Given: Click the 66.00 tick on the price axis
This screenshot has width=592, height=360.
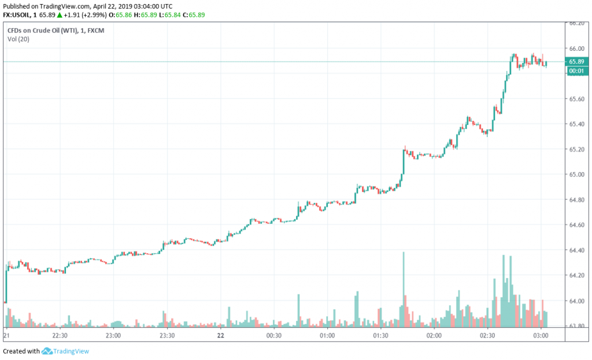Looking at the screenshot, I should tap(576, 48).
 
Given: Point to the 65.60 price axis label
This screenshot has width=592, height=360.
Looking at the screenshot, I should tap(576, 99).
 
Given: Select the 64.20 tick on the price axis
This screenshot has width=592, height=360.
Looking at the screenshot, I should tap(576, 275).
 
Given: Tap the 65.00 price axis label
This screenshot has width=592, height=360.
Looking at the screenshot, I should tap(576, 175).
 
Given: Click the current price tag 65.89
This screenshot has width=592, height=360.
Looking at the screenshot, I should tap(576, 61).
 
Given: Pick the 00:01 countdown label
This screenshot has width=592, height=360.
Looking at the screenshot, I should tap(576, 70).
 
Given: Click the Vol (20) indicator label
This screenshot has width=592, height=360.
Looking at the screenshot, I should tap(18, 39).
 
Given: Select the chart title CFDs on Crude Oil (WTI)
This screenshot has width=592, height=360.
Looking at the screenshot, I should tap(44, 29).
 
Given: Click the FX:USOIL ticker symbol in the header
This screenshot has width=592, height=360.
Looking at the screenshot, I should tap(16, 14).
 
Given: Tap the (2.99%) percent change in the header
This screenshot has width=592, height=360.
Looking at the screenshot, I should tap(98, 14).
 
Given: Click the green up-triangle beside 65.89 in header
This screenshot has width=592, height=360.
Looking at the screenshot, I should tap(59, 14).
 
